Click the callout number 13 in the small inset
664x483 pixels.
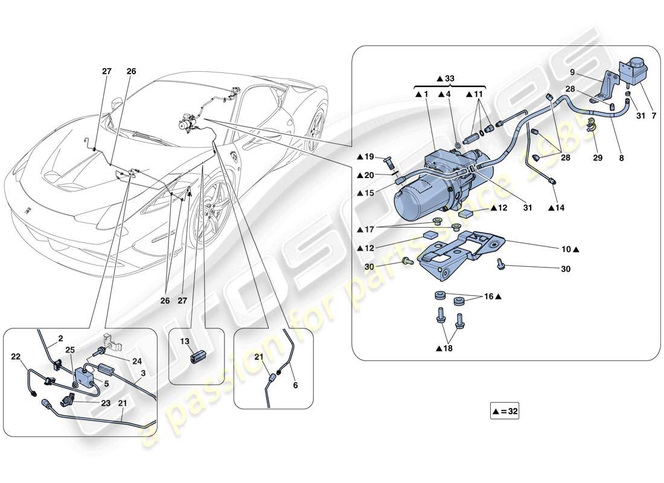tap(184, 341)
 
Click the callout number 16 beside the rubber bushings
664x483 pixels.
tap(490, 297)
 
